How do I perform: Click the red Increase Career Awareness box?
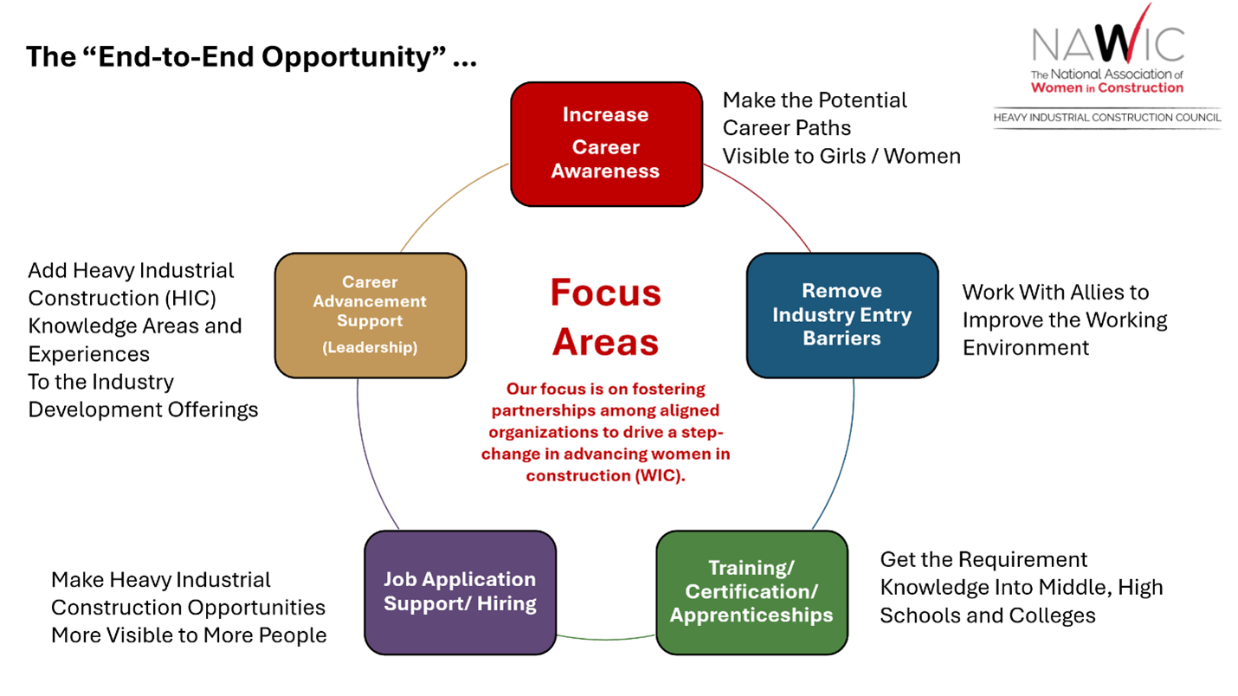(x=606, y=145)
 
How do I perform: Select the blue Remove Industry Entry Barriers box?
(x=842, y=315)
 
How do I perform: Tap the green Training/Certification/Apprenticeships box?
(x=751, y=593)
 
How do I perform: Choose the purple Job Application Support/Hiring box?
(x=460, y=593)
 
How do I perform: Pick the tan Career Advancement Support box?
(x=371, y=315)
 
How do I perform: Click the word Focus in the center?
(x=606, y=293)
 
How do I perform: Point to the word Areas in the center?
(x=606, y=342)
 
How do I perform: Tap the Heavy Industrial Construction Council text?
(x=1107, y=117)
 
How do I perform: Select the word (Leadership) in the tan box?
(x=370, y=347)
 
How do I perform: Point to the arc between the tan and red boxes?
(x=448, y=200)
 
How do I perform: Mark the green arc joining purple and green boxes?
(x=606, y=639)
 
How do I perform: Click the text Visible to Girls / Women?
(x=841, y=157)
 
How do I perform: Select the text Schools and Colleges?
(x=988, y=615)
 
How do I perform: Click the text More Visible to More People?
(x=189, y=635)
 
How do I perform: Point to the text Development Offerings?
(x=143, y=409)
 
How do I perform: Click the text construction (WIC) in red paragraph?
(x=606, y=475)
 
